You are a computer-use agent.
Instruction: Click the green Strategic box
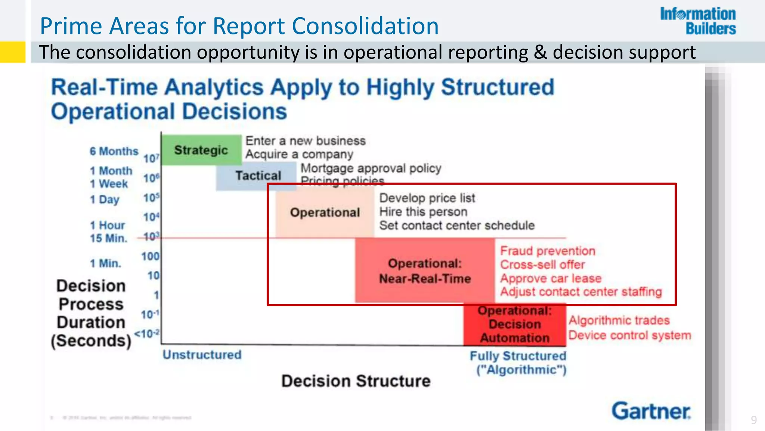201,150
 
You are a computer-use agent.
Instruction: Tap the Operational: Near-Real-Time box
425,271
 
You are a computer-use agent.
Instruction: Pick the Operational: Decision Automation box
514,324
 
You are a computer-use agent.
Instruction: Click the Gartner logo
651,411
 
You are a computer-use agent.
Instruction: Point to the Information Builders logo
698,21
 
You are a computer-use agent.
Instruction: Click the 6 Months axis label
114,151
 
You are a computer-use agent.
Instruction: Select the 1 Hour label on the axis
107,225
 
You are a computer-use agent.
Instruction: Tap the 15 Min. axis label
108,238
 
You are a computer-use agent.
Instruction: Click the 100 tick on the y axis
150,256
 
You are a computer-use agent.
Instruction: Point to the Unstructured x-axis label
202,355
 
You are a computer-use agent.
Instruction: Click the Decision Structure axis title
356,381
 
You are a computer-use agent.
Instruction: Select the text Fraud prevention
548,251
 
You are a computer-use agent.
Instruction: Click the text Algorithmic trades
619,320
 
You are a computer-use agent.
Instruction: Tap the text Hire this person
423,212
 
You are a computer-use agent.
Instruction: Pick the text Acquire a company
299,154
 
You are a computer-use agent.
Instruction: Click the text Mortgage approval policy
371,168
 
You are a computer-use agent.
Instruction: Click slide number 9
754,420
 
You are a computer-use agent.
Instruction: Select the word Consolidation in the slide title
365,26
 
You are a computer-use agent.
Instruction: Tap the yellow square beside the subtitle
12,52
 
